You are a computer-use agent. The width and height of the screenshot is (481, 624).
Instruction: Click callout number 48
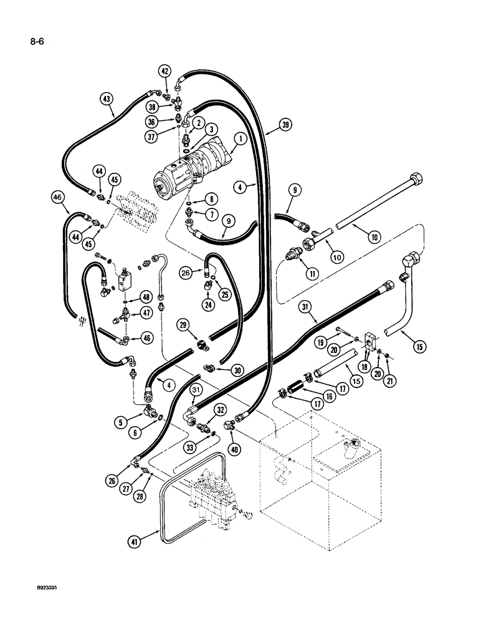pyautogui.click(x=146, y=296)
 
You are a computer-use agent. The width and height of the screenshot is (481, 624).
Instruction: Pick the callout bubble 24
pyautogui.click(x=205, y=305)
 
